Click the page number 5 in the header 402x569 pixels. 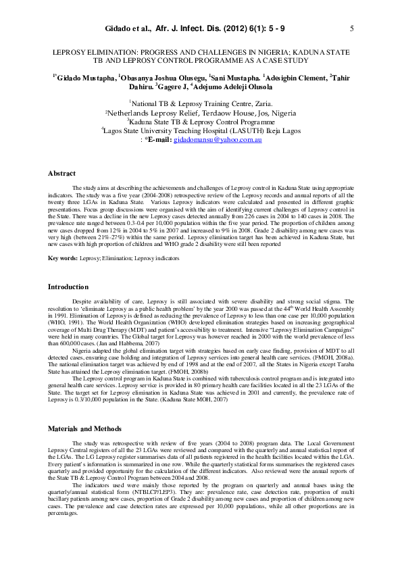pos(352,29)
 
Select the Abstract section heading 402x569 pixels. pos(61,174)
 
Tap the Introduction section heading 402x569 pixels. pos(68,287)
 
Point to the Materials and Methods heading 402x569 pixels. pos(84,429)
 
